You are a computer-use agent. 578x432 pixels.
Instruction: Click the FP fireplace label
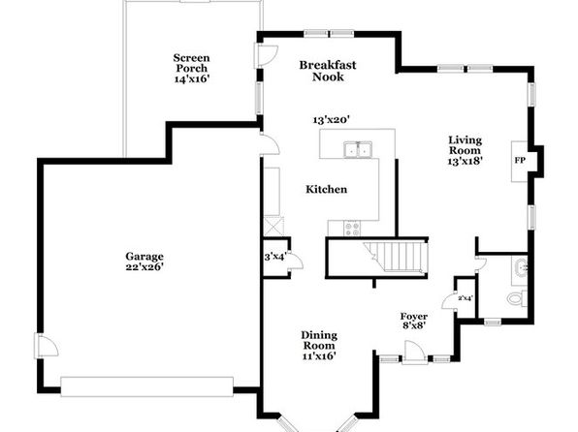coord(520,161)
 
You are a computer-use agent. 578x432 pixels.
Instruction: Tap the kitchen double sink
coord(358,149)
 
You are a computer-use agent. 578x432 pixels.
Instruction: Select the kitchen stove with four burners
coord(353,228)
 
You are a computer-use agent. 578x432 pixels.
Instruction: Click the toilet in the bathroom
coord(517,298)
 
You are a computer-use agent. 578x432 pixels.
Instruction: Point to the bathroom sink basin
coord(521,267)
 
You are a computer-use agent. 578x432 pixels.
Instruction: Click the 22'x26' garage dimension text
coord(144,266)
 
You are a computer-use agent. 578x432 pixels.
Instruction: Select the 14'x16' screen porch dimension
coord(192,78)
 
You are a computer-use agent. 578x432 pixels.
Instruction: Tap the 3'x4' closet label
coord(275,257)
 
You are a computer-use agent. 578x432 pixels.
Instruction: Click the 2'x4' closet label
coord(466,298)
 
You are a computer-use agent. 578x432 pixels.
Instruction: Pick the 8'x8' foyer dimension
coord(414,325)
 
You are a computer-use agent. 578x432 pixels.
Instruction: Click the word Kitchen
coord(327,189)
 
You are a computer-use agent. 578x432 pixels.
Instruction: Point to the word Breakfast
coord(328,65)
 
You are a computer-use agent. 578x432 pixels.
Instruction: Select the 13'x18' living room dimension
coord(466,161)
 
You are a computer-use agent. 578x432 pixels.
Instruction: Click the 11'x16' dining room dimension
coord(319,355)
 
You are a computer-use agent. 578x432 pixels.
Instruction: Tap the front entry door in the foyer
coord(414,353)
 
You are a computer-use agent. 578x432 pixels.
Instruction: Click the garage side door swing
coord(47,345)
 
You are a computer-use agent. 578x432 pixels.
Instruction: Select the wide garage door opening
coord(146,386)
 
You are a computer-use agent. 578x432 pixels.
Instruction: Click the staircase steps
coord(397,256)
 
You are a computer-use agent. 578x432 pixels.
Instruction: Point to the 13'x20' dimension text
coord(331,120)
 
